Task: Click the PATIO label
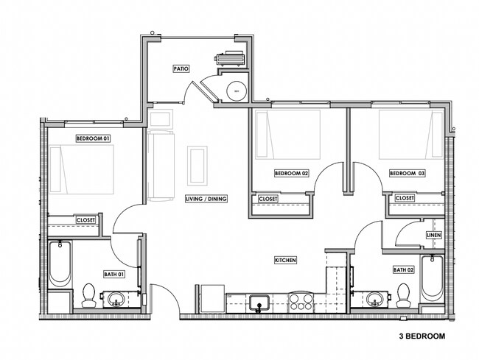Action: [x=181, y=68]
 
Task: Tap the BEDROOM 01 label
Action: [x=93, y=138]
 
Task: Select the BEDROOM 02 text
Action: [x=291, y=173]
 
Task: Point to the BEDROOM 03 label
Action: [x=408, y=173]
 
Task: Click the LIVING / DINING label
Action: [x=206, y=199]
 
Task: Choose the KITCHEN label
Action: [x=285, y=261]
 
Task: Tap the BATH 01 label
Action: [x=114, y=274]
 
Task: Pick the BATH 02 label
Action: [x=403, y=269]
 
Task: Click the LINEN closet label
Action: [x=433, y=236]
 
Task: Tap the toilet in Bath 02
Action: [x=402, y=294]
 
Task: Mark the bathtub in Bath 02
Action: [x=433, y=278]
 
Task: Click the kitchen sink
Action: [x=259, y=301]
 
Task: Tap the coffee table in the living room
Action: [x=197, y=166]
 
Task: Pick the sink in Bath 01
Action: [x=116, y=299]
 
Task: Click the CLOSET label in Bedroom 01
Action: [x=86, y=219]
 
